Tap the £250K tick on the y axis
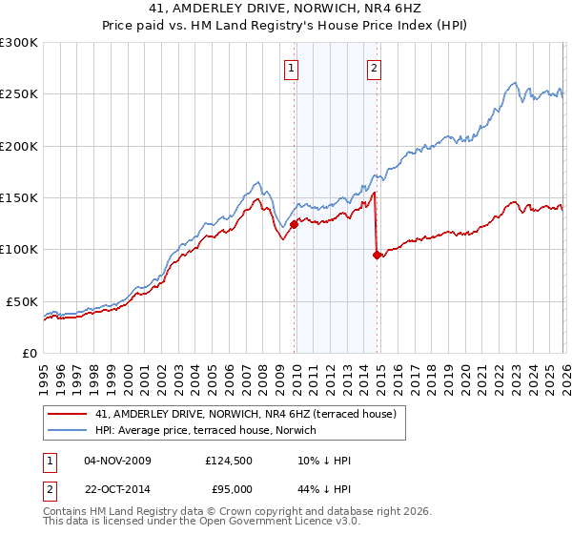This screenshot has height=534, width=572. pyautogui.click(x=19, y=94)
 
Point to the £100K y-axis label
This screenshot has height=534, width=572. pyautogui.click(x=19, y=250)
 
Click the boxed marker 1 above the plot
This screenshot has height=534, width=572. pyautogui.click(x=290, y=68)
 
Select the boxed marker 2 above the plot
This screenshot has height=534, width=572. pyautogui.click(x=374, y=68)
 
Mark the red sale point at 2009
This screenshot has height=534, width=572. pyautogui.click(x=294, y=224)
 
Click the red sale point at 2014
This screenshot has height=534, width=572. pyautogui.click(x=377, y=255)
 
